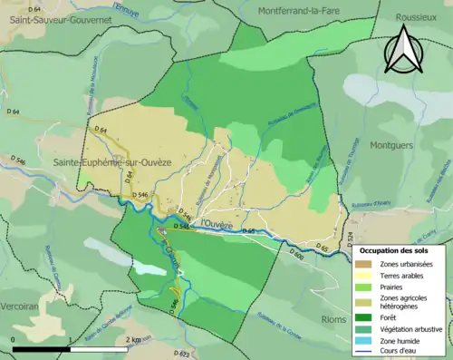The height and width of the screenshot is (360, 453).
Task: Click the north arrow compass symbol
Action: (x=404, y=50)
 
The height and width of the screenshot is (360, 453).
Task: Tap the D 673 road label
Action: (x=181, y=352)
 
